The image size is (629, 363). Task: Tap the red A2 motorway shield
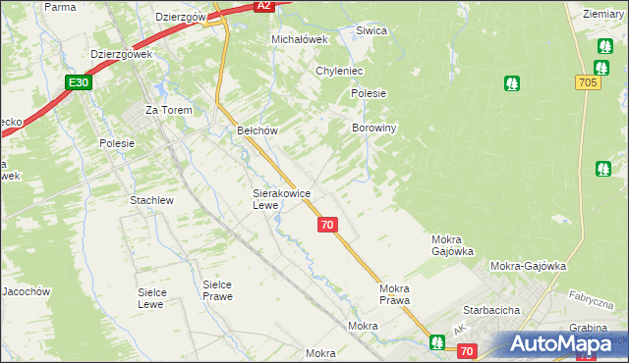(262, 6)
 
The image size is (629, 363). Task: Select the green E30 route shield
(80, 83)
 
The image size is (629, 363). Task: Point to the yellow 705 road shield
(588, 83)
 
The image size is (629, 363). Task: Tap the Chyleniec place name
(340, 72)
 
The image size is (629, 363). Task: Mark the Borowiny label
(373, 129)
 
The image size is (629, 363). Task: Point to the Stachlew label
(151, 200)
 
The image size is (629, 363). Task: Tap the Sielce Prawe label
(217, 290)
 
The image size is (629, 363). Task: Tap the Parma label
(60, 7)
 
